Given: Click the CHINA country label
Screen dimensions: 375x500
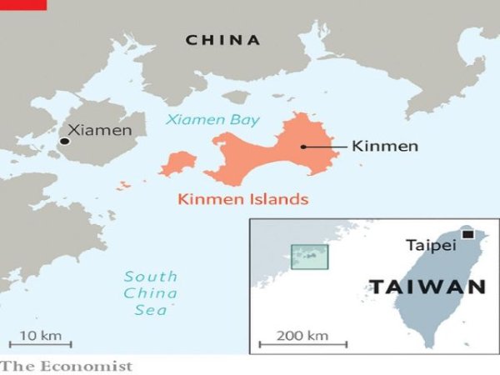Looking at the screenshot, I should pos(222,39).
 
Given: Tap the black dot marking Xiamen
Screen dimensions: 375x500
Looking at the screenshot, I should pos(64,143).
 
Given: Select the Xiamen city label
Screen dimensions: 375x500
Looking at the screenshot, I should pos(99,130).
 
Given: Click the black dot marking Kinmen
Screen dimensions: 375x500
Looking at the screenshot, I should pos(303,147).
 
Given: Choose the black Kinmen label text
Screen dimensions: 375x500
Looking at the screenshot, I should pos(385,147).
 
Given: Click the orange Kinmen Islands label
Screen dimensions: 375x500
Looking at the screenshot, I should pos(242,199).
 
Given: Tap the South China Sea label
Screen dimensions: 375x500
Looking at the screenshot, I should pos(150,292).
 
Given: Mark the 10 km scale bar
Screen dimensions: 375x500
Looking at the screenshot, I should pos(40,342).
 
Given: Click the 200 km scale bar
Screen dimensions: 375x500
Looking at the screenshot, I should pos(292,342).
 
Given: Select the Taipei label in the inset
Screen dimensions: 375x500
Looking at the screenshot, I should pos(431,245).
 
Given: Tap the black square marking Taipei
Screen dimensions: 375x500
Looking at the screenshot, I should pos(467,235).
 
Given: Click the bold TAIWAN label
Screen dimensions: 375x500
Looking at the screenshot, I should pos(427,287).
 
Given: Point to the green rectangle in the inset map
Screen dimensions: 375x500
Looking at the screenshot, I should pos(309,256).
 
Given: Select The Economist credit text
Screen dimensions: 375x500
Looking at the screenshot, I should pos(67,366).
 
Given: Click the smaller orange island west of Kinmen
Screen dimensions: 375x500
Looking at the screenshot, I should pos(178,163).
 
